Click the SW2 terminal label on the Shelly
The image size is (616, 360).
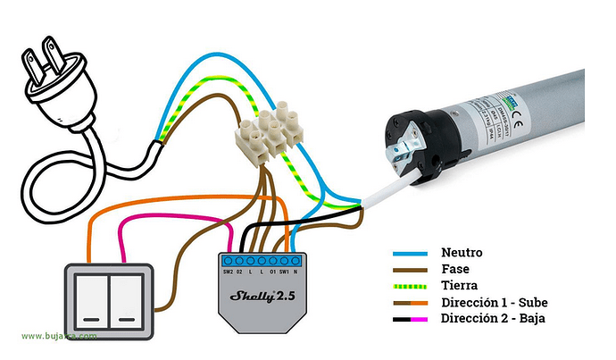point(228,269)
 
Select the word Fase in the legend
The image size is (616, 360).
point(454,269)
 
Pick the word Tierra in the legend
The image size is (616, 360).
point(458,285)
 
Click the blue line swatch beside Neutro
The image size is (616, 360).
point(412,254)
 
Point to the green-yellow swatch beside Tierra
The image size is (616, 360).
point(412,286)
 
